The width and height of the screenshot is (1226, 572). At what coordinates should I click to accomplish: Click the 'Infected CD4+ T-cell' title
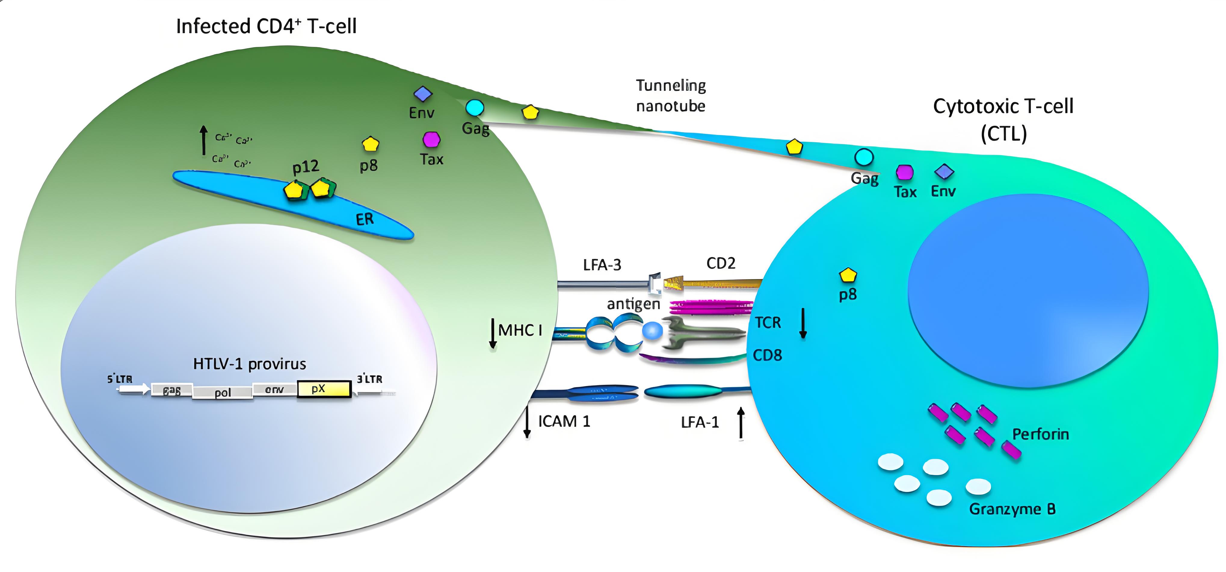click(x=266, y=26)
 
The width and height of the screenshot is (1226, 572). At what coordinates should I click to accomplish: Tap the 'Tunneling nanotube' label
click(x=670, y=96)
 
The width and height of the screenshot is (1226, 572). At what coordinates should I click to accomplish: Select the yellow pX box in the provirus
click(x=324, y=389)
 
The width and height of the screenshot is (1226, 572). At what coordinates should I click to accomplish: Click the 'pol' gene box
click(x=222, y=393)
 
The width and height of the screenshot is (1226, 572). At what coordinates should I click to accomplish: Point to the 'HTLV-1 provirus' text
click(x=249, y=364)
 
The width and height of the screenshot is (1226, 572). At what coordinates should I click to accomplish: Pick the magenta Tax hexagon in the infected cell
click(x=432, y=140)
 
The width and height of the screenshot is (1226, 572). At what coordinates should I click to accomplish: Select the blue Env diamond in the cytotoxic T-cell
click(x=944, y=172)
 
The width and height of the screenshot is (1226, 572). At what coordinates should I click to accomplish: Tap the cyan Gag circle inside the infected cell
click(x=475, y=108)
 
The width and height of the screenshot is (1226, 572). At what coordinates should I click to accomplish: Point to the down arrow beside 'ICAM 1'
click(x=527, y=421)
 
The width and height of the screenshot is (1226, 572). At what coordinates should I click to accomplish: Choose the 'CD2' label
click(x=721, y=263)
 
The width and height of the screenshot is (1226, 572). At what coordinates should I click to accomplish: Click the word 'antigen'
click(x=633, y=304)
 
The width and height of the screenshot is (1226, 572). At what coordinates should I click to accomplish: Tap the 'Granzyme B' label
click(x=1012, y=509)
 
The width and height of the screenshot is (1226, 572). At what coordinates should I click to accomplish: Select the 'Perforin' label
click(x=1040, y=434)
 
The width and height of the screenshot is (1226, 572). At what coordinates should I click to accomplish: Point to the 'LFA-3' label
click(x=602, y=265)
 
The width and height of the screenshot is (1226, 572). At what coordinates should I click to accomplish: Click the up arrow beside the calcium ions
click(x=204, y=140)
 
